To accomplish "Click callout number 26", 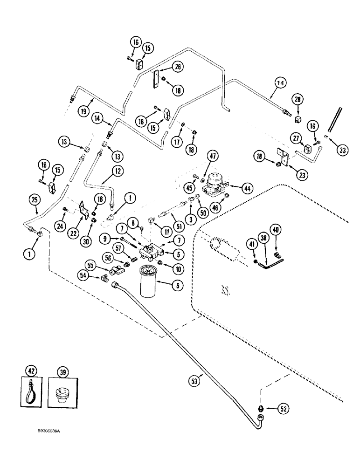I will (178, 67).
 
